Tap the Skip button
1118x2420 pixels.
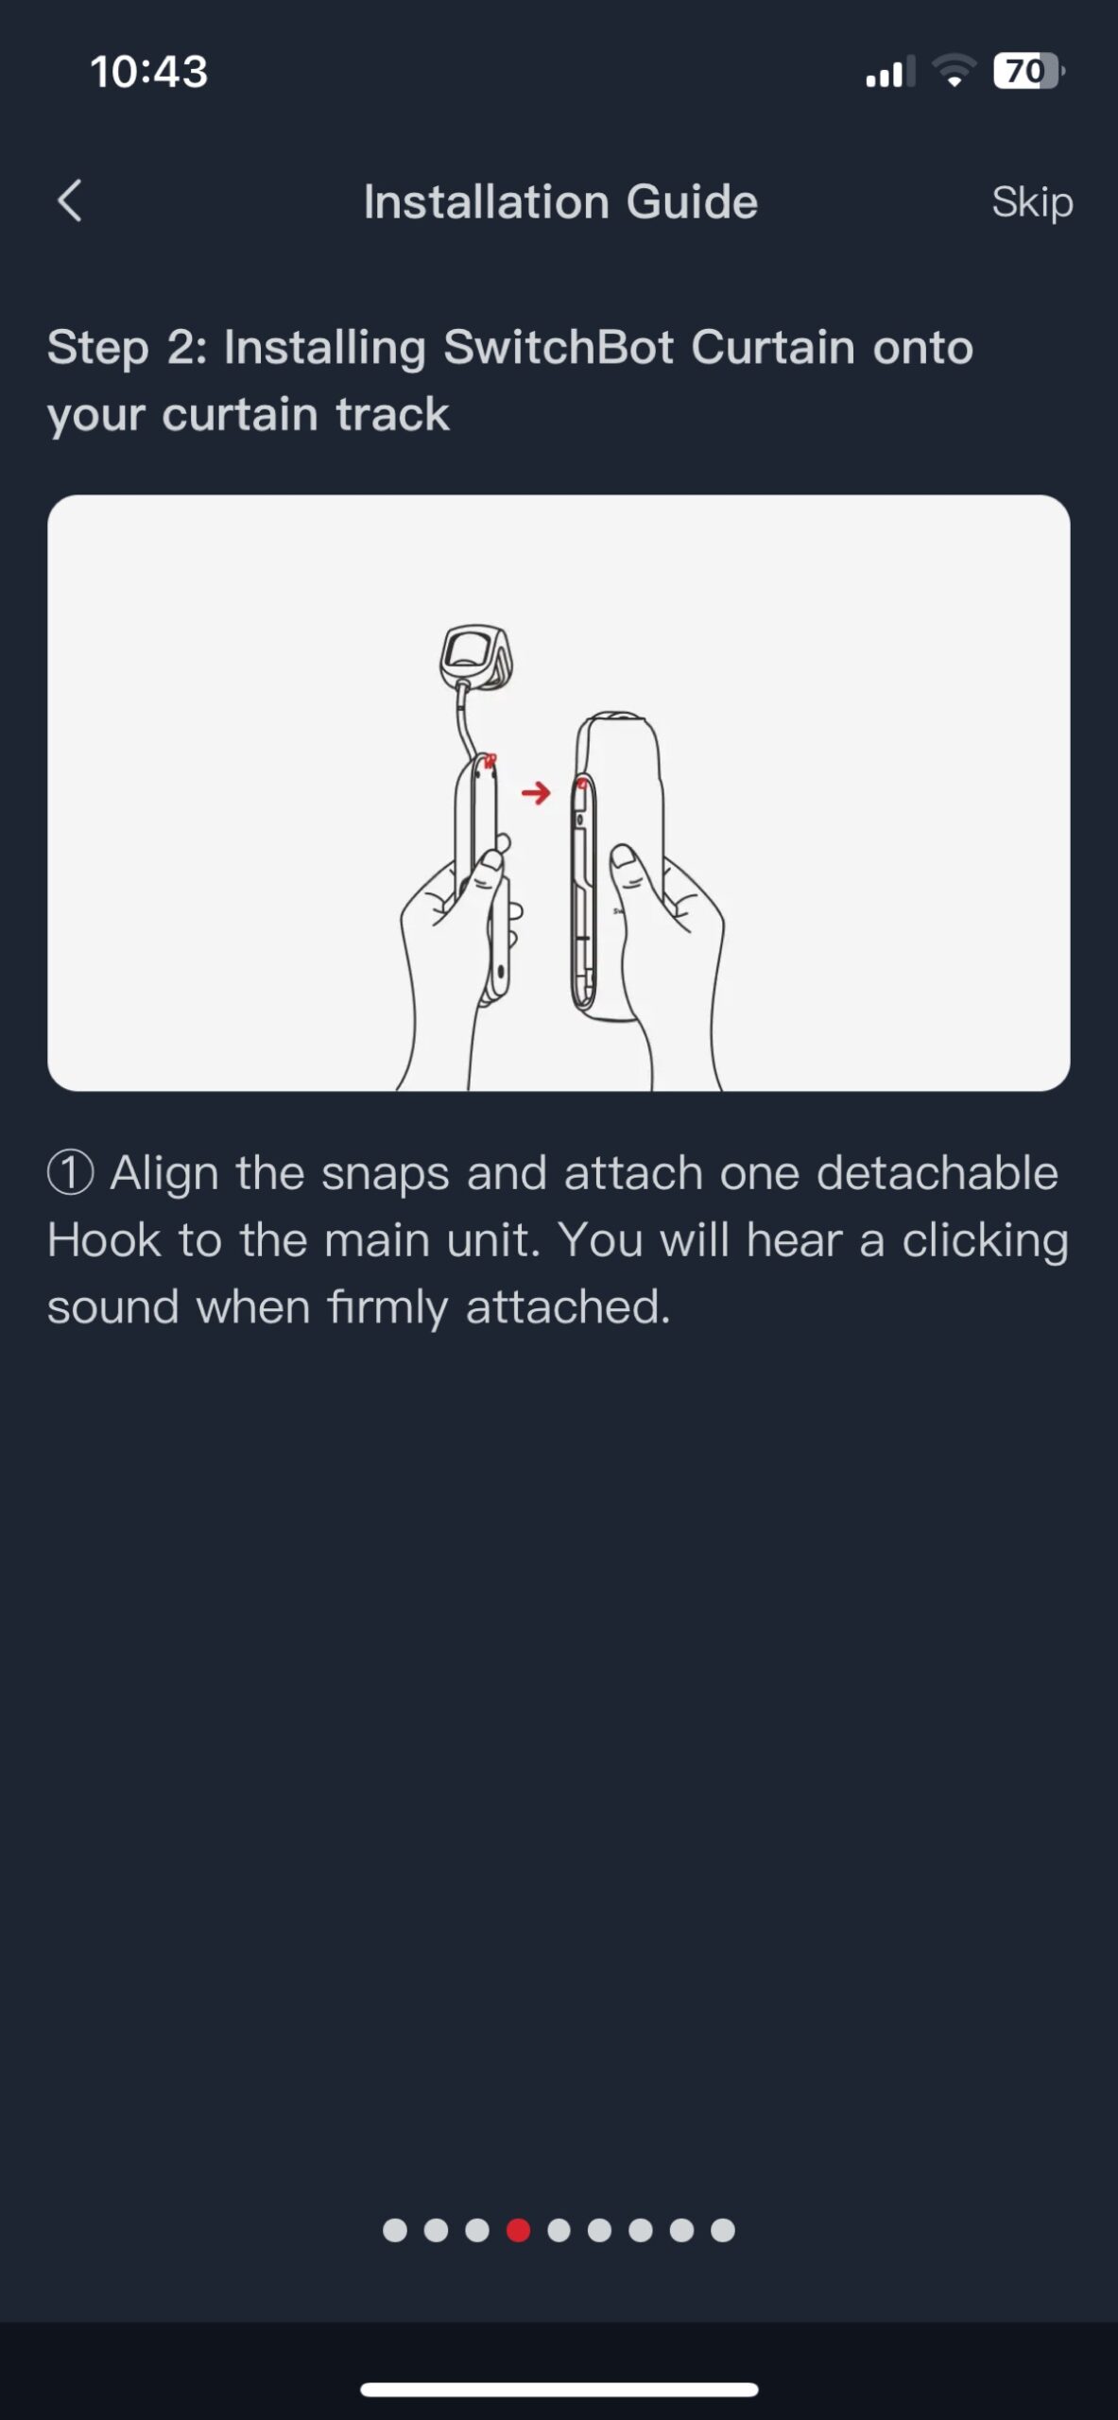coord(1032,202)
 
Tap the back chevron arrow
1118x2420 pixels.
coord(70,200)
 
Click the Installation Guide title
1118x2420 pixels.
coord(560,202)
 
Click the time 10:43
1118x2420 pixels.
coord(149,72)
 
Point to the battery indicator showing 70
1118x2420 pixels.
coord(1028,71)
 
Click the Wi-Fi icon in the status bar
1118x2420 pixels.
coord(954,71)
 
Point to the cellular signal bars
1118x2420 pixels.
coord(890,72)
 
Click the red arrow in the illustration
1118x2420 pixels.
coord(536,792)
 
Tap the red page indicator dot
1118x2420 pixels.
coord(518,2230)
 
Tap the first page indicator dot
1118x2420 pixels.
coord(395,2230)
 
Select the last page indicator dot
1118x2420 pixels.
coord(723,2230)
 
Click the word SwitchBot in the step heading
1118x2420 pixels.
coord(559,347)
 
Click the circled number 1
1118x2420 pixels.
coord(70,1173)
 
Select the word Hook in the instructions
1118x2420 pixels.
coord(104,1240)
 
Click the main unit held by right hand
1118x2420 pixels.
coord(615,865)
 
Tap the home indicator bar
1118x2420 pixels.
coord(559,2390)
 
